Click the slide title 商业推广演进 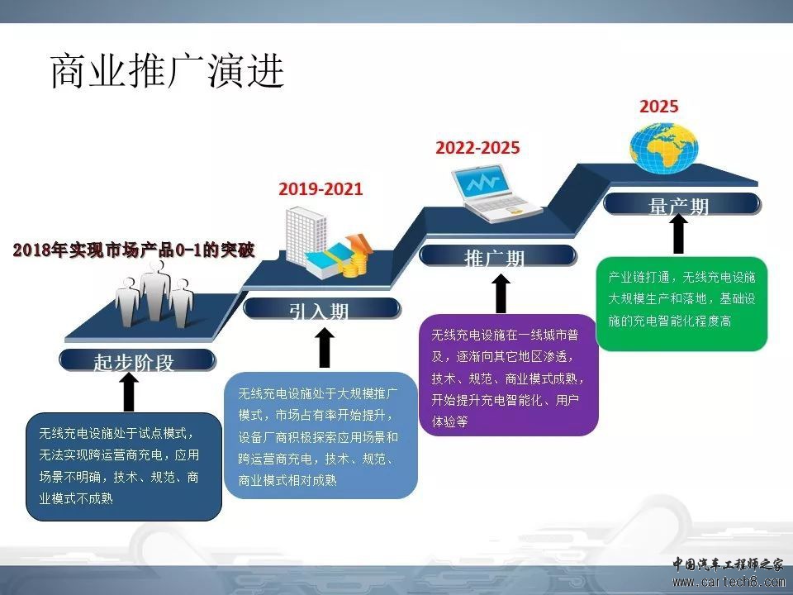point(168,71)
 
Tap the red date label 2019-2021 point(321,189)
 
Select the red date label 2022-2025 point(477,148)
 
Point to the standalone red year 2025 point(658,107)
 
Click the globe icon point(664,148)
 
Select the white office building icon point(306,236)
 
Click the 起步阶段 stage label point(134,362)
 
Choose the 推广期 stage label point(494,259)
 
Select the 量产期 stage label point(679,207)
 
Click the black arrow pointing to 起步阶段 point(130,392)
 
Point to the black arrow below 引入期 point(325,348)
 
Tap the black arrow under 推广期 point(501,294)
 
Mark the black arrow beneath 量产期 point(679,234)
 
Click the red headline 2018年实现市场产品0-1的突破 point(134,250)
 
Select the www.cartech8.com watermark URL point(728,581)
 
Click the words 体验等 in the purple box point(449,421)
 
